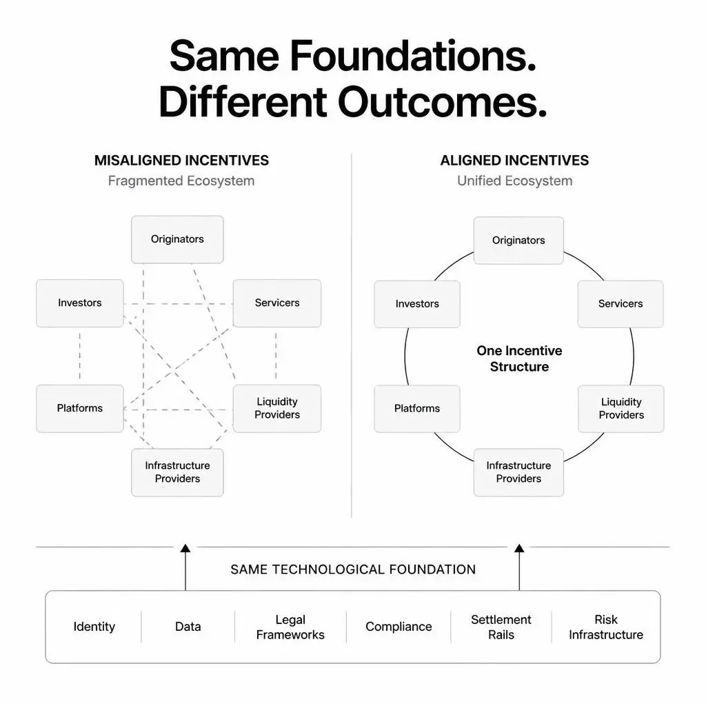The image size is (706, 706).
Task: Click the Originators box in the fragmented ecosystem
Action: [x=177, y=239]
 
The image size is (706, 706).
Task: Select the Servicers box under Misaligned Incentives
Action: [x=277, y=303]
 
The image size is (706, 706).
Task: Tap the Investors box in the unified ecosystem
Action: [x=417, y=304]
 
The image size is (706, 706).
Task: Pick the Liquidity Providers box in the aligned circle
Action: [x=621, y=408]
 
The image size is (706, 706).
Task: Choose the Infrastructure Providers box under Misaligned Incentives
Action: [x=177, y=472]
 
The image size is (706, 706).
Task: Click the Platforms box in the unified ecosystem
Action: [x=417, y=408]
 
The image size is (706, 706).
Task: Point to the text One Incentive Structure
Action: [x=519, y=359]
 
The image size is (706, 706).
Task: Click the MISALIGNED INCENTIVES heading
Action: [x=181, y=160]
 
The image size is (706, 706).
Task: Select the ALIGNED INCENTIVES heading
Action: [x=514, y=160]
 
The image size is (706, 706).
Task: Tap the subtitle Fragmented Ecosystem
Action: [x=181, y=181]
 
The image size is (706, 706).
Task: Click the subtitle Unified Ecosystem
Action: [x=514, y=181]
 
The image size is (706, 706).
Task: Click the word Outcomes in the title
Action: [x=442, y=102]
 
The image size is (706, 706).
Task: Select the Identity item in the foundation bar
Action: [x=94, y=627]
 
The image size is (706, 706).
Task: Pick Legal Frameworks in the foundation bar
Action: [x=290, y=627]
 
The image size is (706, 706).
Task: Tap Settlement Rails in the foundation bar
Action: [x=501, y=627]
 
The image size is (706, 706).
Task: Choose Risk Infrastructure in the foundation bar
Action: [x=606, y=627]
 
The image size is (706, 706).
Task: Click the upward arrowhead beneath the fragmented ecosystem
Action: [x=185, y=548]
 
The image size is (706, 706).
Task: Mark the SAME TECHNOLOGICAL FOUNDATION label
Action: [x=353, y=569]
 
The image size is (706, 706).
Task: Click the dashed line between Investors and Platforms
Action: [x=80, y=356]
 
